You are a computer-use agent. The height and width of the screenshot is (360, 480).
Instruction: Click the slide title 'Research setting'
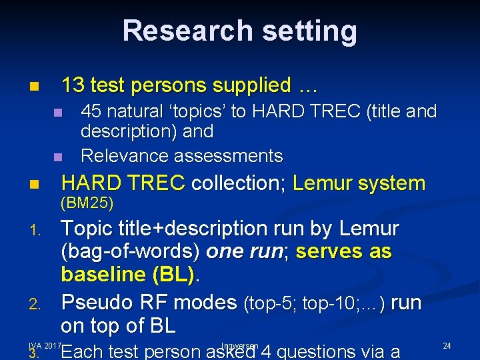click(x=239, y=31)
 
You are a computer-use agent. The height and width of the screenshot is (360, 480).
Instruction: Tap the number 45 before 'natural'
click(x=90, y=111)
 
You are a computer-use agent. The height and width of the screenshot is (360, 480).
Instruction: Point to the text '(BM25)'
click(x=87, y=202)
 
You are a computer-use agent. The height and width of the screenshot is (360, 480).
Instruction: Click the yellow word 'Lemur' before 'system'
click(x=323, y=183)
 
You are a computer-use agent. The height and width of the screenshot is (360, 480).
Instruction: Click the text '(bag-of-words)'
click(x=131, y=252)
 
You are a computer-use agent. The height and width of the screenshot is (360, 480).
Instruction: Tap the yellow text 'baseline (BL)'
click(x=127, y=275)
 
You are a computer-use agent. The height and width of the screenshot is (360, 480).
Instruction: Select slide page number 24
click(x=447, y=345)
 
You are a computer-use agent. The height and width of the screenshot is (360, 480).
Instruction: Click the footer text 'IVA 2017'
click(x=45, y=345)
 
